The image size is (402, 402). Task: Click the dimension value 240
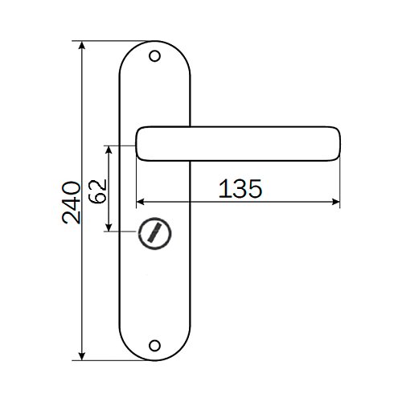tap(72, 203)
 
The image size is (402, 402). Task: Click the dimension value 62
tap(97, 191)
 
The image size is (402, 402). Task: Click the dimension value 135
tap(240, 189)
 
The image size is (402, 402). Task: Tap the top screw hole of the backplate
tap(154, 56)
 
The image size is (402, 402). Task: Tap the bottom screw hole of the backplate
tap(154, 346)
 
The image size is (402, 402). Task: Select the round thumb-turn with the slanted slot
tap(154, 233)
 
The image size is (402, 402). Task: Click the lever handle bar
tap(238, 144)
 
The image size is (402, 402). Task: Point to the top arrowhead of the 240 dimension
tap(82, 45)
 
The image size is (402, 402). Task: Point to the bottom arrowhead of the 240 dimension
tap(82, 356)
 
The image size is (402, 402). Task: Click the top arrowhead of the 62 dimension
tap(109, 150)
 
